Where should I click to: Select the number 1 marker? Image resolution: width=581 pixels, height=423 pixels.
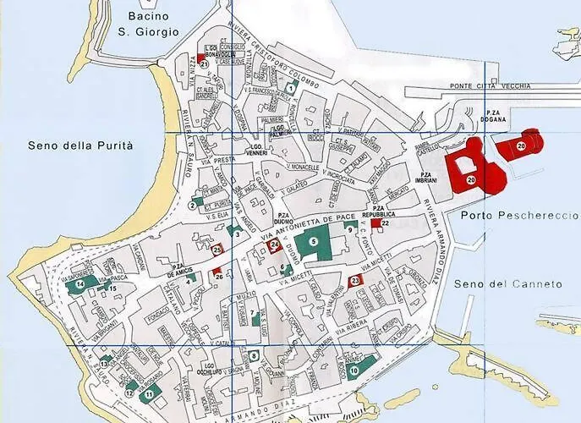click(291, 88)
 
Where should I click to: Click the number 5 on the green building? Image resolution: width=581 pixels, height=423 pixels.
click(313, 242)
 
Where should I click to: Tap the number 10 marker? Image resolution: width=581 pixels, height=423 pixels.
click(354, 371)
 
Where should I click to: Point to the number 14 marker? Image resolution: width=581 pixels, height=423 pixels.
click(79, 286)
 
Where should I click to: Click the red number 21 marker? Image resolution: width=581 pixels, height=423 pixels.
click(204, 63)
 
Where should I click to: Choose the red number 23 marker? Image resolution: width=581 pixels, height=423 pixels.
click(355, 281)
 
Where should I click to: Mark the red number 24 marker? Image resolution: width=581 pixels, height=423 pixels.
click(273, 245)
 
